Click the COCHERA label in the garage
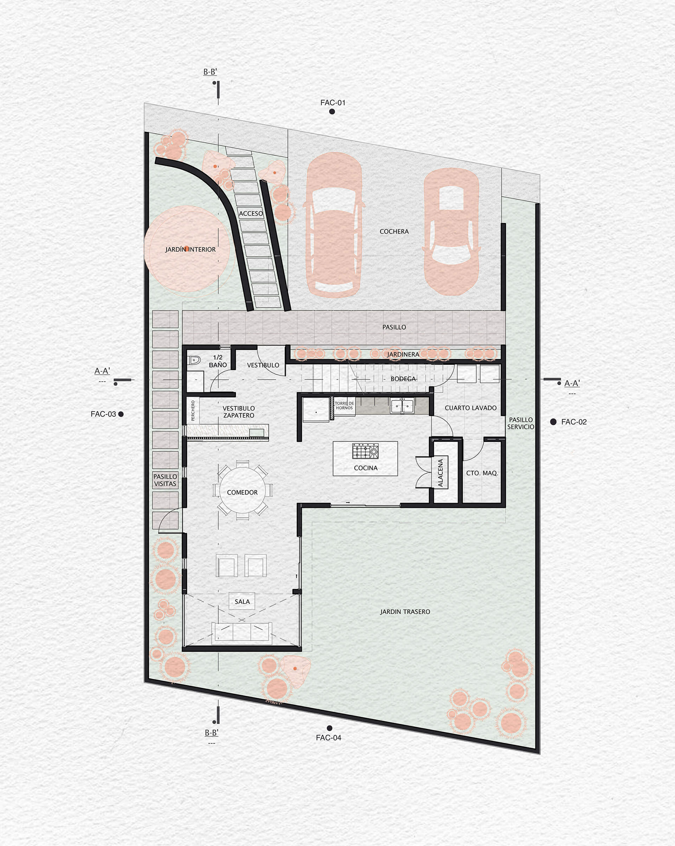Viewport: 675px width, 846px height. point(394,232)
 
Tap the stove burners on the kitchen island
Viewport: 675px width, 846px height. point(365,451)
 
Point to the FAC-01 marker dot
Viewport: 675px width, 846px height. point(332,112)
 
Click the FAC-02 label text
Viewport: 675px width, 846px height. point(574,422)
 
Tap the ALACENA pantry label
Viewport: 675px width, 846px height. point(441,473)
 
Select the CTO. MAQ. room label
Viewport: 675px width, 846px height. point(482,473)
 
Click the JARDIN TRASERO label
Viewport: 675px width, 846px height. point(405,612)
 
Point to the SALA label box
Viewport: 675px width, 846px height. point(242,601)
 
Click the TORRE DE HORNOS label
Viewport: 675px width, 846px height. point(344,405)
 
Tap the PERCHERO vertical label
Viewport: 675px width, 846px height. point(193,410)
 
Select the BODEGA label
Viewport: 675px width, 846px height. point(403,379)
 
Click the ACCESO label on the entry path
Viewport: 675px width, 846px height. point(251,214)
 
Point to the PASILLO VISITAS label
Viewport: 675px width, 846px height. point(165,480)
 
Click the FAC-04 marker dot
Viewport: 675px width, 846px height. point(329,728)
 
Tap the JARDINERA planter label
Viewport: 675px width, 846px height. point(403,354)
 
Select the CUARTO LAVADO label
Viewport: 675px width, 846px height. point(470,408)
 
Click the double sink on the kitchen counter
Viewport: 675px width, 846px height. point(402,406)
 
